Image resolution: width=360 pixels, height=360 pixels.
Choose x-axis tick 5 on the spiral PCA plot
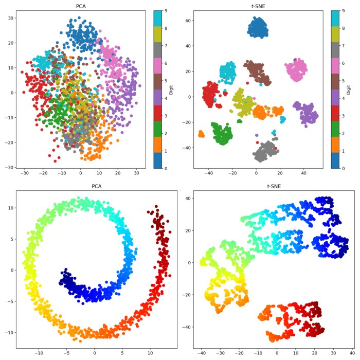tap(122, 354)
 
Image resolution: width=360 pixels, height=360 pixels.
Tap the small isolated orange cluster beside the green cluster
tap(202, 134)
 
